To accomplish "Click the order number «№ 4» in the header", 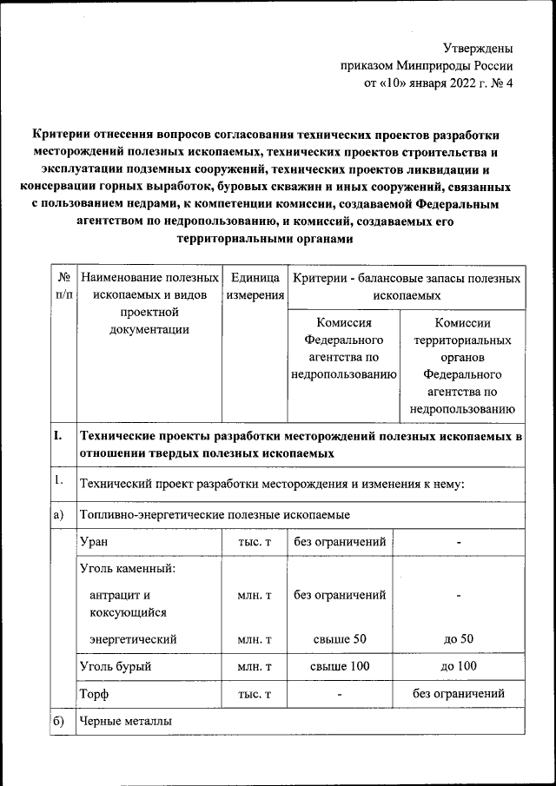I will point(502,85).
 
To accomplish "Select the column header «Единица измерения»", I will point(255,287).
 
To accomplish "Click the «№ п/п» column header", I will point(63,287).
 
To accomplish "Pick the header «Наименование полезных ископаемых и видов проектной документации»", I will point(149,304).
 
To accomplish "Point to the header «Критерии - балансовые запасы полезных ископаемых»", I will point(407,287).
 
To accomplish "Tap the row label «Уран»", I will point(93,542).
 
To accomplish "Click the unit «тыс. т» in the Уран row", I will point(255,542).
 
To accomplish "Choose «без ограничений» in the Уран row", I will point(340,542).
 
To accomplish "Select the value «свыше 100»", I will point(340,667).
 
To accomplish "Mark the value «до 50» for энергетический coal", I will point(458,639).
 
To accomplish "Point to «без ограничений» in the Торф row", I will point(458,695).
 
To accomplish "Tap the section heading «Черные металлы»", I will point(126,722).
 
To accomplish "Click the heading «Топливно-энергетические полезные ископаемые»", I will point(214,516).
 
